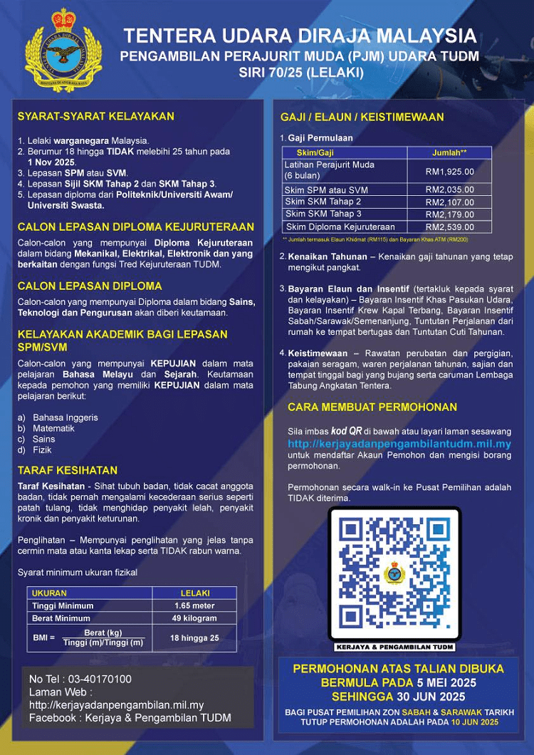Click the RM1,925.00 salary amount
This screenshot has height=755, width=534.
point(449,172)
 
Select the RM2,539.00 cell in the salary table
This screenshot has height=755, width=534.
point(449,226)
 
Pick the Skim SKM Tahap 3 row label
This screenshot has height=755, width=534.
point(324,214)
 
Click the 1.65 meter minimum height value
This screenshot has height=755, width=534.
point(194,605)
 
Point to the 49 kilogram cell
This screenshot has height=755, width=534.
point(194,618)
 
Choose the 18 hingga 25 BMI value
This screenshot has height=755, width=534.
point(194,638)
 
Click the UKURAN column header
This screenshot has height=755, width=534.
point(50,593)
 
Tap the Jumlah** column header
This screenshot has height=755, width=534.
point(449,152)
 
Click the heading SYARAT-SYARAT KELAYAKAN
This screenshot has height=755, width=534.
point(95,116)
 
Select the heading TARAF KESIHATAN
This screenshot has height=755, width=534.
point(68,470)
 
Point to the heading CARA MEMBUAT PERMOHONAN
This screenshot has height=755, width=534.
point(372,407)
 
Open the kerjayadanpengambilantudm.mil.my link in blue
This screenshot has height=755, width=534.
point(399,443)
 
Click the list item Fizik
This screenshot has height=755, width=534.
point(43,449)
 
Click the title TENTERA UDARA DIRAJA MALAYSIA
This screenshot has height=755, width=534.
point(300,36)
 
